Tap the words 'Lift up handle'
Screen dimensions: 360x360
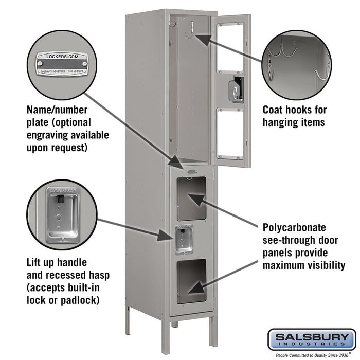click(57, 262)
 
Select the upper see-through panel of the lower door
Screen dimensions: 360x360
click(195, 197)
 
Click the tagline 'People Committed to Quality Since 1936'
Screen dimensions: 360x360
click(312, 354)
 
